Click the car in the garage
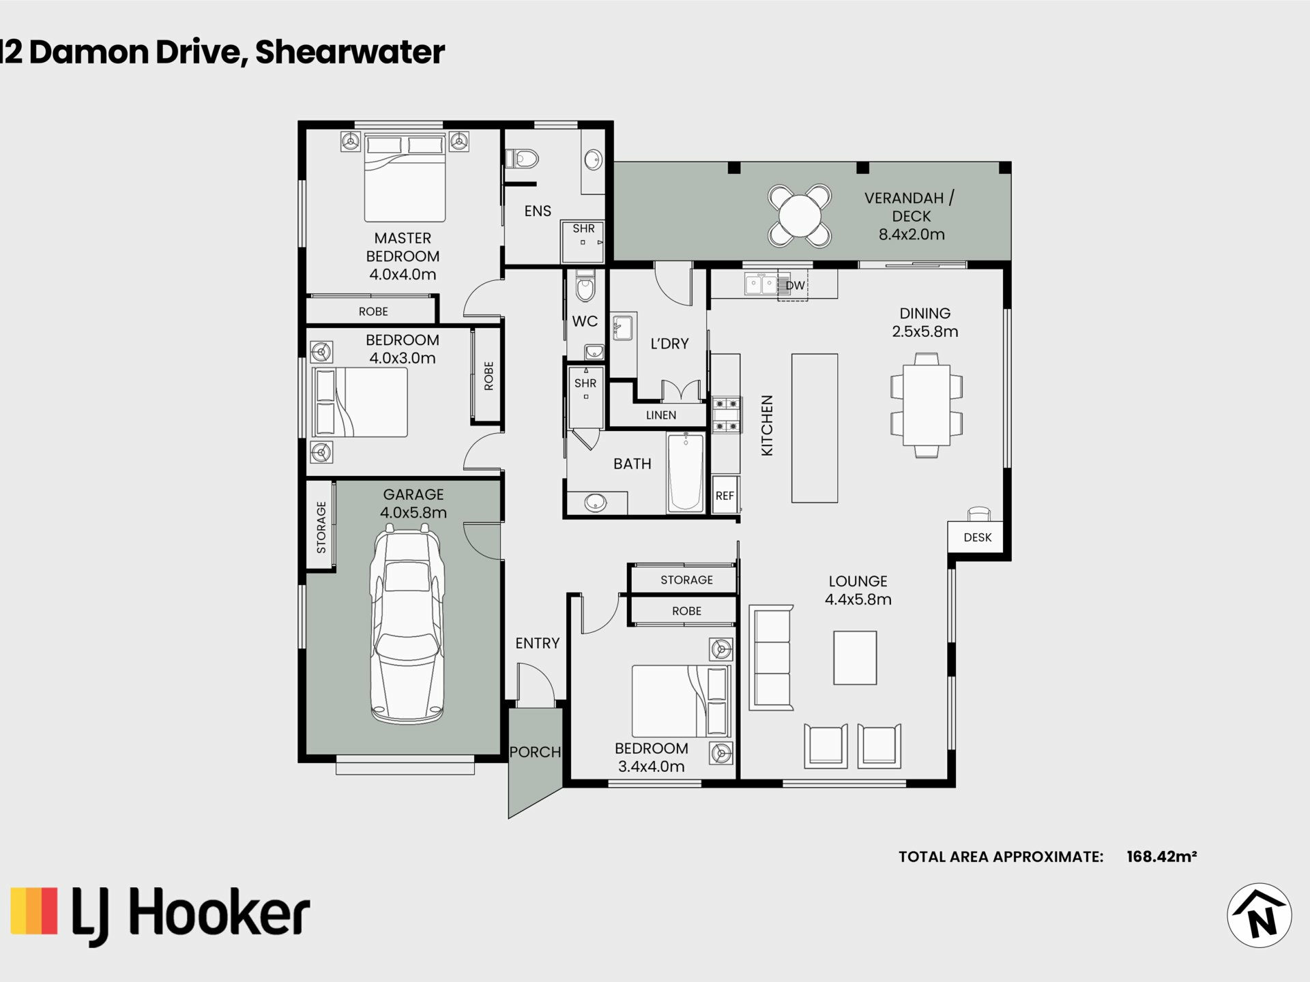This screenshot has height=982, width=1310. [407, 627]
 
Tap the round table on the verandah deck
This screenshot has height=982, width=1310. [800, 216]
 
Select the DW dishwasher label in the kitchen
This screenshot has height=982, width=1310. [796, 286]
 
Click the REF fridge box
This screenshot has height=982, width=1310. [725, 496]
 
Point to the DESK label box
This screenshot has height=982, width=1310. [977, 537]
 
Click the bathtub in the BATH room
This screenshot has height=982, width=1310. [686, 473]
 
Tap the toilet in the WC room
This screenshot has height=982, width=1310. [585, 287]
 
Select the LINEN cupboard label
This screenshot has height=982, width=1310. [660, 415]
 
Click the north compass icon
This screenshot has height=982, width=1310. [1259, 915]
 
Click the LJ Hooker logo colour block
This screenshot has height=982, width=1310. [34, 910]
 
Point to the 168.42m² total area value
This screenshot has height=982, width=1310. [1161, 857]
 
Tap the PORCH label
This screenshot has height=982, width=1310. [535, 752]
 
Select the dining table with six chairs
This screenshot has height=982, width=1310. [926, 405]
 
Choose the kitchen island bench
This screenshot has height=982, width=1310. [814, 428]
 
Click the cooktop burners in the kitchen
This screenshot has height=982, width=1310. [726, 415]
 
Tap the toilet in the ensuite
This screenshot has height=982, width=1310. [523, 159]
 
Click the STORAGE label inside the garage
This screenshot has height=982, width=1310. [321, 527]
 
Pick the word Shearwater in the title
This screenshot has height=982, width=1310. [350, 53]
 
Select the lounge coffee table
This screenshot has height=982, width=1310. [854, 657]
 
